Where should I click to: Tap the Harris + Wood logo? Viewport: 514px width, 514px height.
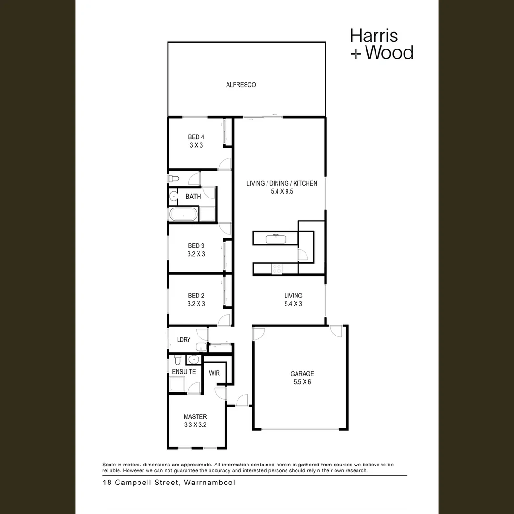point(381,44)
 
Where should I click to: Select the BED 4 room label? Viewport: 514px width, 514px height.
point(196,138)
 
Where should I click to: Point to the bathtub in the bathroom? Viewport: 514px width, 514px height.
point(183,214)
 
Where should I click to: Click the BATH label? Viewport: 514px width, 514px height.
point(193,196)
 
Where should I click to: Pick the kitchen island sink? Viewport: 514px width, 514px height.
point(276,237)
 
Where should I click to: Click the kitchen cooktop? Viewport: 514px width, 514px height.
point(277,269)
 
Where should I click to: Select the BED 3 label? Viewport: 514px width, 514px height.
point(196,246)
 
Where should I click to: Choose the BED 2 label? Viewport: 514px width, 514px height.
point(196,296)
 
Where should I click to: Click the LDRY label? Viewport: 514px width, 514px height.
point(184,340)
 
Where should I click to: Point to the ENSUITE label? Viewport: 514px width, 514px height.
point(184,371)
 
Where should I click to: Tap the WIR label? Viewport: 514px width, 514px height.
point(214,373)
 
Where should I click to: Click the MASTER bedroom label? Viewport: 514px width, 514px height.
point(195,416)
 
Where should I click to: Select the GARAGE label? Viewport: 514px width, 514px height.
point(302,374)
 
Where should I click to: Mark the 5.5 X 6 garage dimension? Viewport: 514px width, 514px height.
point(302,382)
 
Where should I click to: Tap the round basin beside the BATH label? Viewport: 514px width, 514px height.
point(172,196)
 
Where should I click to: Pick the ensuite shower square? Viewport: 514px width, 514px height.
point(178,384)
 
